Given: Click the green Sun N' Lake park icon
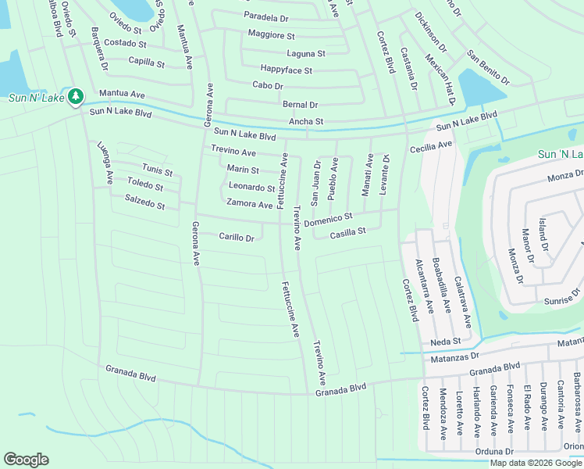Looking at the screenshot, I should tap(76, 97).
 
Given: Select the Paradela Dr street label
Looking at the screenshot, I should tap(267, 16).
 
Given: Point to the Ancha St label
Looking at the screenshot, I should tap(306, 122).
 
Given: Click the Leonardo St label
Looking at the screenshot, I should tap(251, 187).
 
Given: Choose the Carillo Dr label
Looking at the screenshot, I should tap(237, 237).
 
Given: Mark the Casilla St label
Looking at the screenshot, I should tap(347, 233).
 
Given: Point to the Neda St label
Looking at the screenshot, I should tap(446, 342).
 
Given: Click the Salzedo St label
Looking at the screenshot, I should tap(144, 202).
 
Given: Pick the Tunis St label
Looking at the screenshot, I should tap(157, 169).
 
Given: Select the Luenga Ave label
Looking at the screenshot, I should tap(105, 162).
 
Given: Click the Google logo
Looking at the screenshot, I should tap(26, 460).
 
